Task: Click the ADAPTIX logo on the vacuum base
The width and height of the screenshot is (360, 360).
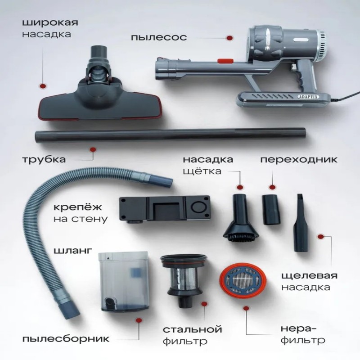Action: pos(308,97)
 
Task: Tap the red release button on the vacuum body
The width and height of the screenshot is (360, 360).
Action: pos(225,61)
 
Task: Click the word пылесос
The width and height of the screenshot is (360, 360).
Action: pos(159,37)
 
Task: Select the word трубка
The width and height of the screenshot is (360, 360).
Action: pos(44,159)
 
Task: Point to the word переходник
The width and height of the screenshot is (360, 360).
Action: pos(299,159)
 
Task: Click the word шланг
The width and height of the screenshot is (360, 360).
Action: pos(73,251)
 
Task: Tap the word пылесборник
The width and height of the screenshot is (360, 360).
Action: pos(66,338)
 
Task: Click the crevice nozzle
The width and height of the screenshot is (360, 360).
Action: pos(301,223)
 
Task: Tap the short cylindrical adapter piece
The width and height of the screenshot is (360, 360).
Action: pos(271,210)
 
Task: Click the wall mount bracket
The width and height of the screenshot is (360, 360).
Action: pos(164,209)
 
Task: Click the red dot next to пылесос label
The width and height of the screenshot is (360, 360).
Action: pos(229,38)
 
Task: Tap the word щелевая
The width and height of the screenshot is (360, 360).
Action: pos(310,276)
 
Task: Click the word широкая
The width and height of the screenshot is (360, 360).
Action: pos(50,23)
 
